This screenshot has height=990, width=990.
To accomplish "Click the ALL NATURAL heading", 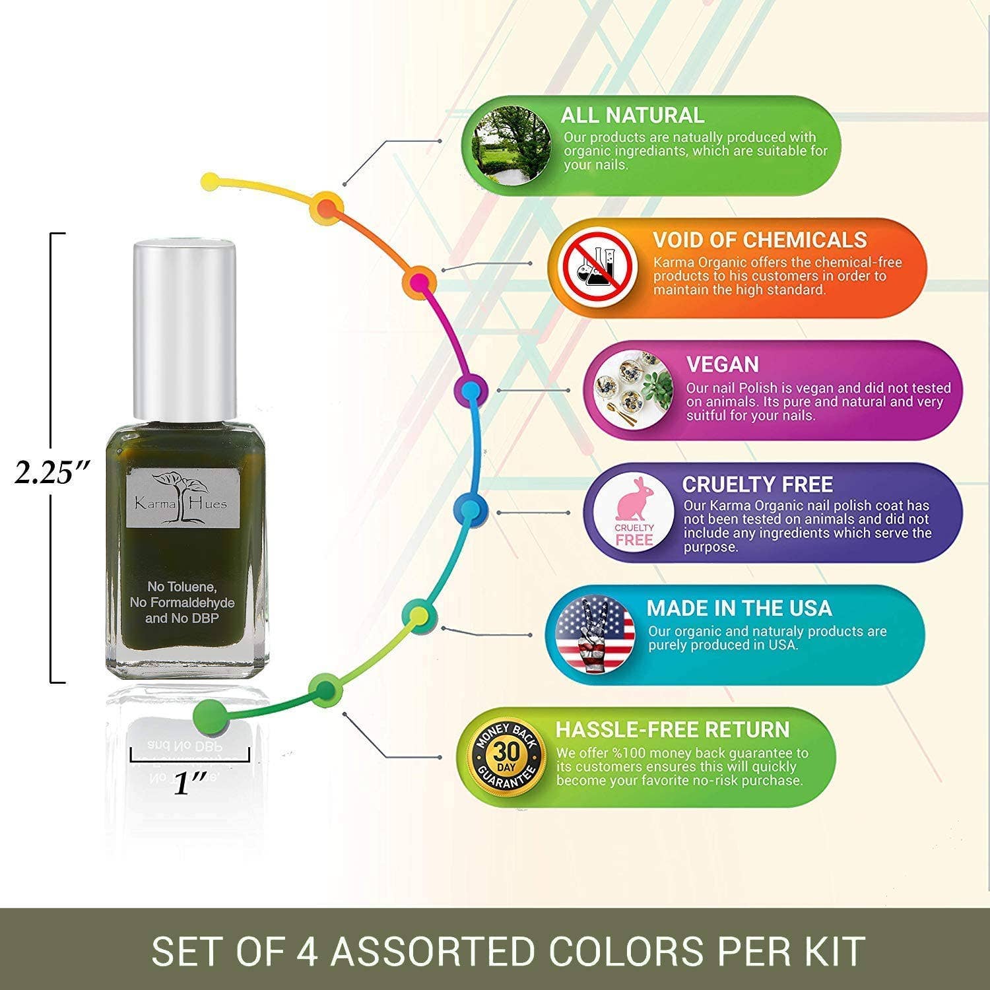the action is pos(632,115).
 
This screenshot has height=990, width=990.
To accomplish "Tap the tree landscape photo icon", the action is pos(511,146).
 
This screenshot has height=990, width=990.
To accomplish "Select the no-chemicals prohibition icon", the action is pos(598,268).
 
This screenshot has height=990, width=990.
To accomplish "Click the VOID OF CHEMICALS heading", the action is pos(760,240).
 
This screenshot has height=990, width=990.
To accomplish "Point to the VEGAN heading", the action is pos(723,364).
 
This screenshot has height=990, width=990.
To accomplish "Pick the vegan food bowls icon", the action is pos(633,390).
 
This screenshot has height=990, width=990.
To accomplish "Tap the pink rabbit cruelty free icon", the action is pos(634,512).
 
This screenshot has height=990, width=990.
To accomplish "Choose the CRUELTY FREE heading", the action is pos(757,484).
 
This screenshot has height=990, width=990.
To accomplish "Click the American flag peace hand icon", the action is pos(595,634).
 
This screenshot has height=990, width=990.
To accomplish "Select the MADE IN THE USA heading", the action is pos(739,608).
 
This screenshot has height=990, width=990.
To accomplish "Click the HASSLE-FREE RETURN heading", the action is pos(673,729).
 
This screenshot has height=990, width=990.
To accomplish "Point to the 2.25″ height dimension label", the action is pos(51,472).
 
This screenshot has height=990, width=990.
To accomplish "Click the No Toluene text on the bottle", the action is pos(182,587).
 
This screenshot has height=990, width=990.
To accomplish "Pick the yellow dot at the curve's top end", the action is pos(210,181).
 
